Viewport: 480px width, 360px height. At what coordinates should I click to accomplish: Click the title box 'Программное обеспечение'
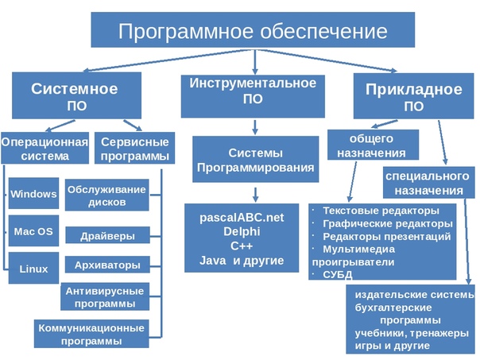[253, 29]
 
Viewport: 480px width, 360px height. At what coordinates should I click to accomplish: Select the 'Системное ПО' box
[76, 95]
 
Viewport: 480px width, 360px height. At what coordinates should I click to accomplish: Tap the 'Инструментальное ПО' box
[253, 96]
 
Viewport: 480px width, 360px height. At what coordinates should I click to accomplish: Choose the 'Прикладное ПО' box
[413, 96]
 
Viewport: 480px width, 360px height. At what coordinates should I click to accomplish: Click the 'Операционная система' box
[45, 148]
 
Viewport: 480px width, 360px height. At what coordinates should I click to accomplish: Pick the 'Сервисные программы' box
[134, 148]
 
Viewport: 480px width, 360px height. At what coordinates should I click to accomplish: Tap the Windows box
[33, 193]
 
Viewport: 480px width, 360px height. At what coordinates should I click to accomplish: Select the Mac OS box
[33, 230]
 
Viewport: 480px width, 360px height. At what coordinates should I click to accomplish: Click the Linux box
[33, 268]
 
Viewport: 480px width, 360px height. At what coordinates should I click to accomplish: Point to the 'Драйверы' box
[107, 235]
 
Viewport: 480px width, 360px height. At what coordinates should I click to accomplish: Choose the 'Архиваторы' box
[107, 265]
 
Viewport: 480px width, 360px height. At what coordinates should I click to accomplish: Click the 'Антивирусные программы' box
[105, 296]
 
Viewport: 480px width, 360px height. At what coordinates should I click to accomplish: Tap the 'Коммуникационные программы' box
[91, 334]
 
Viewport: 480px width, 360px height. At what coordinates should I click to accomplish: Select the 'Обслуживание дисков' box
[106, 195]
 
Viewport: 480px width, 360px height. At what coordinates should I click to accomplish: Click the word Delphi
[242, 231]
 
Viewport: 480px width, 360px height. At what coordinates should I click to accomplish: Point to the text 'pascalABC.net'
[242, 217]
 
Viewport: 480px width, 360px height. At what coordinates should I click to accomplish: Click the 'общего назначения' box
[374, 145]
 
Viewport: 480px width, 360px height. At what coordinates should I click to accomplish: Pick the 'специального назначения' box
[429, 183]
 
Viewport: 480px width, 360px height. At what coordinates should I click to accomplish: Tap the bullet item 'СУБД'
[337, 274]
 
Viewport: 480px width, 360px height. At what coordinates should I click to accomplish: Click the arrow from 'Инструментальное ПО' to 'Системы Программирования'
[255, 127]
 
